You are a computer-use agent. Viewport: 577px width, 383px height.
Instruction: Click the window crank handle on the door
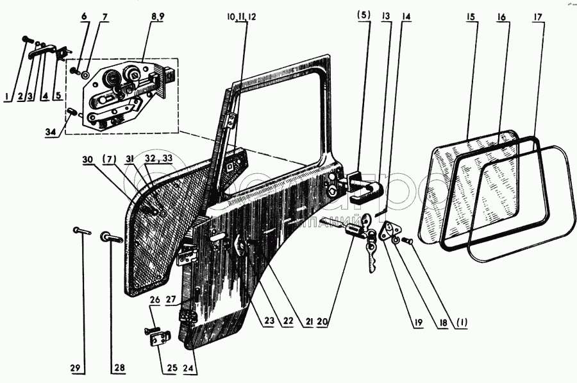tap(238, 245)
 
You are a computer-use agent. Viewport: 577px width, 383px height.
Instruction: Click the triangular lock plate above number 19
tap(392, 232)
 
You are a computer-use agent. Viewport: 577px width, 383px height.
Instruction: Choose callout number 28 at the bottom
tap(119, 368)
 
